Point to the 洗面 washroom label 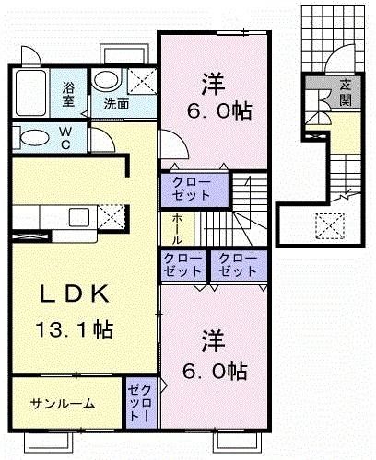click(x=115, y=104)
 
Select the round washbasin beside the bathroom click(x=106, y=80)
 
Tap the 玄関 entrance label click(x=345, y=91)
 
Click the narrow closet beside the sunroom click(x=138, y=403)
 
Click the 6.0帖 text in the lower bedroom click(x=222, y=371)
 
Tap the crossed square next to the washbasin click(x=141, y=81)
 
